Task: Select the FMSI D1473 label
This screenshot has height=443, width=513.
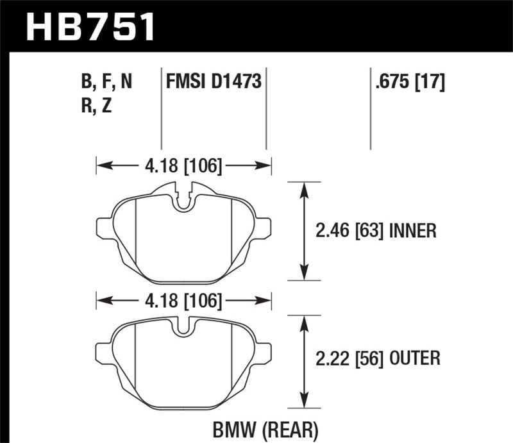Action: pos(213,82)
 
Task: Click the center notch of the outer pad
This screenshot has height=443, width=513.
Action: pos(183,328)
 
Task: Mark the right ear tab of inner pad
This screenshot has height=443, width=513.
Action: pos(264,228)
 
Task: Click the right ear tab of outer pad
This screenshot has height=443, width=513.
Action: pos(264,351)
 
